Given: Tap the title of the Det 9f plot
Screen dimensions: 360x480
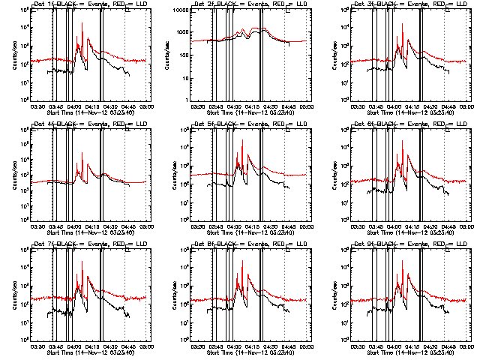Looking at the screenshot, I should (405, 245).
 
